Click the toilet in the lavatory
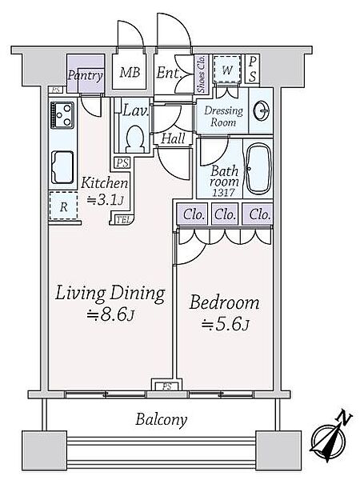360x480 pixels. coord(135,139)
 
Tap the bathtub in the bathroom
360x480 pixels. coord(258,169)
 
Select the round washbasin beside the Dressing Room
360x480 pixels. coord(261,110)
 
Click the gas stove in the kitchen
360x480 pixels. coord(62,115)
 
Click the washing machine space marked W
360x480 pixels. coord(226,70)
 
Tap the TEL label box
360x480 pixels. coord(124,220)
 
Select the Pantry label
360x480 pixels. coord(85,75)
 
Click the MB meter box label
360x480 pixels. coord(130,73)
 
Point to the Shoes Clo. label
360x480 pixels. coord(201,74)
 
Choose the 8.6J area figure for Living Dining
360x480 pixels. coord(110,314)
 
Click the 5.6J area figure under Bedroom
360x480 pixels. coord(225,325)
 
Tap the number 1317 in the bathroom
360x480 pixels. coord(224,193)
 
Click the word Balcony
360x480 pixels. coord(161,420)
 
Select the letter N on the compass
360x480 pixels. coord(343,418)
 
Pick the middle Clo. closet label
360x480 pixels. coord(225,214)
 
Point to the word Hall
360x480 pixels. coord(173,138)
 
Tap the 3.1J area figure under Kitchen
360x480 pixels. coord(106,201)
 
